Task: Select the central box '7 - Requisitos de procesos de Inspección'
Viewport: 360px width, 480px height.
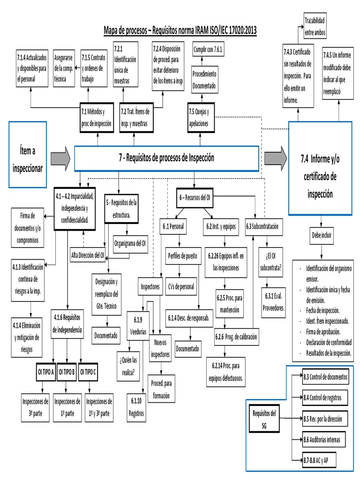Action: pyautogui.click(x=166, y=158)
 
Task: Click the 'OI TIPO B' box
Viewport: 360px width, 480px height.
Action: pyautogui.click(x=67, y=372)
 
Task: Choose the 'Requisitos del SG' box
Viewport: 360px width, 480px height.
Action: pyautogui.click(x=264, y=419)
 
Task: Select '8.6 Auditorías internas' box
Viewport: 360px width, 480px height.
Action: pyautogui.click(x=324, y=440)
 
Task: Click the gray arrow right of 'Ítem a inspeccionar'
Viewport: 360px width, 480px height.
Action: pyautogui.click(x=60, y=158)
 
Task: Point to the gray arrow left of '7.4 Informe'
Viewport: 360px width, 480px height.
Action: pyautogui.click(x=275, y=158)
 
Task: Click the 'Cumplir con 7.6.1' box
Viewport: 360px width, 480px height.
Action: pyautogui.click(x=209, y=49)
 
